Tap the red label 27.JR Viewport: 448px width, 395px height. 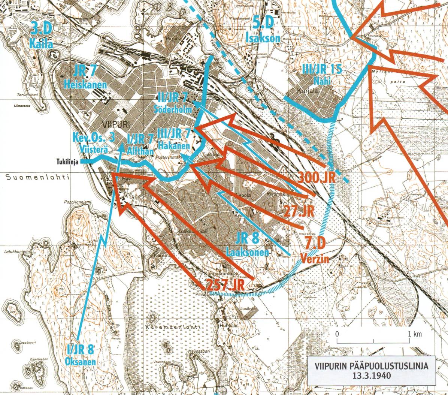(299, 210)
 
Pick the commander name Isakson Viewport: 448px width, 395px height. (263, 38)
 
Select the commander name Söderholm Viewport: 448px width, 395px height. (173, 109)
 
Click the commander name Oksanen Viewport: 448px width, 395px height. (80, 362)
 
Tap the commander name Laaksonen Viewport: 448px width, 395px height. (247, 253)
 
